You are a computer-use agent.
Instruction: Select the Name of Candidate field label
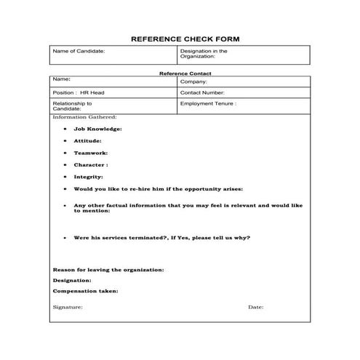(79, 52)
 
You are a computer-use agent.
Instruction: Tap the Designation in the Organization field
(204, 55)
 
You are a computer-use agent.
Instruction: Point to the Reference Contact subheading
(180, 73)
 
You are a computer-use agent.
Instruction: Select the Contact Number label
(202, 93)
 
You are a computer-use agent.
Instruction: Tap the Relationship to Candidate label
(73, 106)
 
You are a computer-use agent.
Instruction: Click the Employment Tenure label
(208, 104)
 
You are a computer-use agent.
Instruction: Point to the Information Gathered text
(84, 116)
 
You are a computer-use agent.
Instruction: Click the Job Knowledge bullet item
(97, 129)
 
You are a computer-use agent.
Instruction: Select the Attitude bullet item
(87, 140)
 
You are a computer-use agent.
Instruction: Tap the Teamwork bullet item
(90, 153)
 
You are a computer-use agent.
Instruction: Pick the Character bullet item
(90, 164)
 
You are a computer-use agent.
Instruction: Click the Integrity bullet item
(88, 176)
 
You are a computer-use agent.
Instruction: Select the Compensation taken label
(86, 291)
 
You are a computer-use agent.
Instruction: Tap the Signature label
(68, 307)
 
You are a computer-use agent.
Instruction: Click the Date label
(255, 307)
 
